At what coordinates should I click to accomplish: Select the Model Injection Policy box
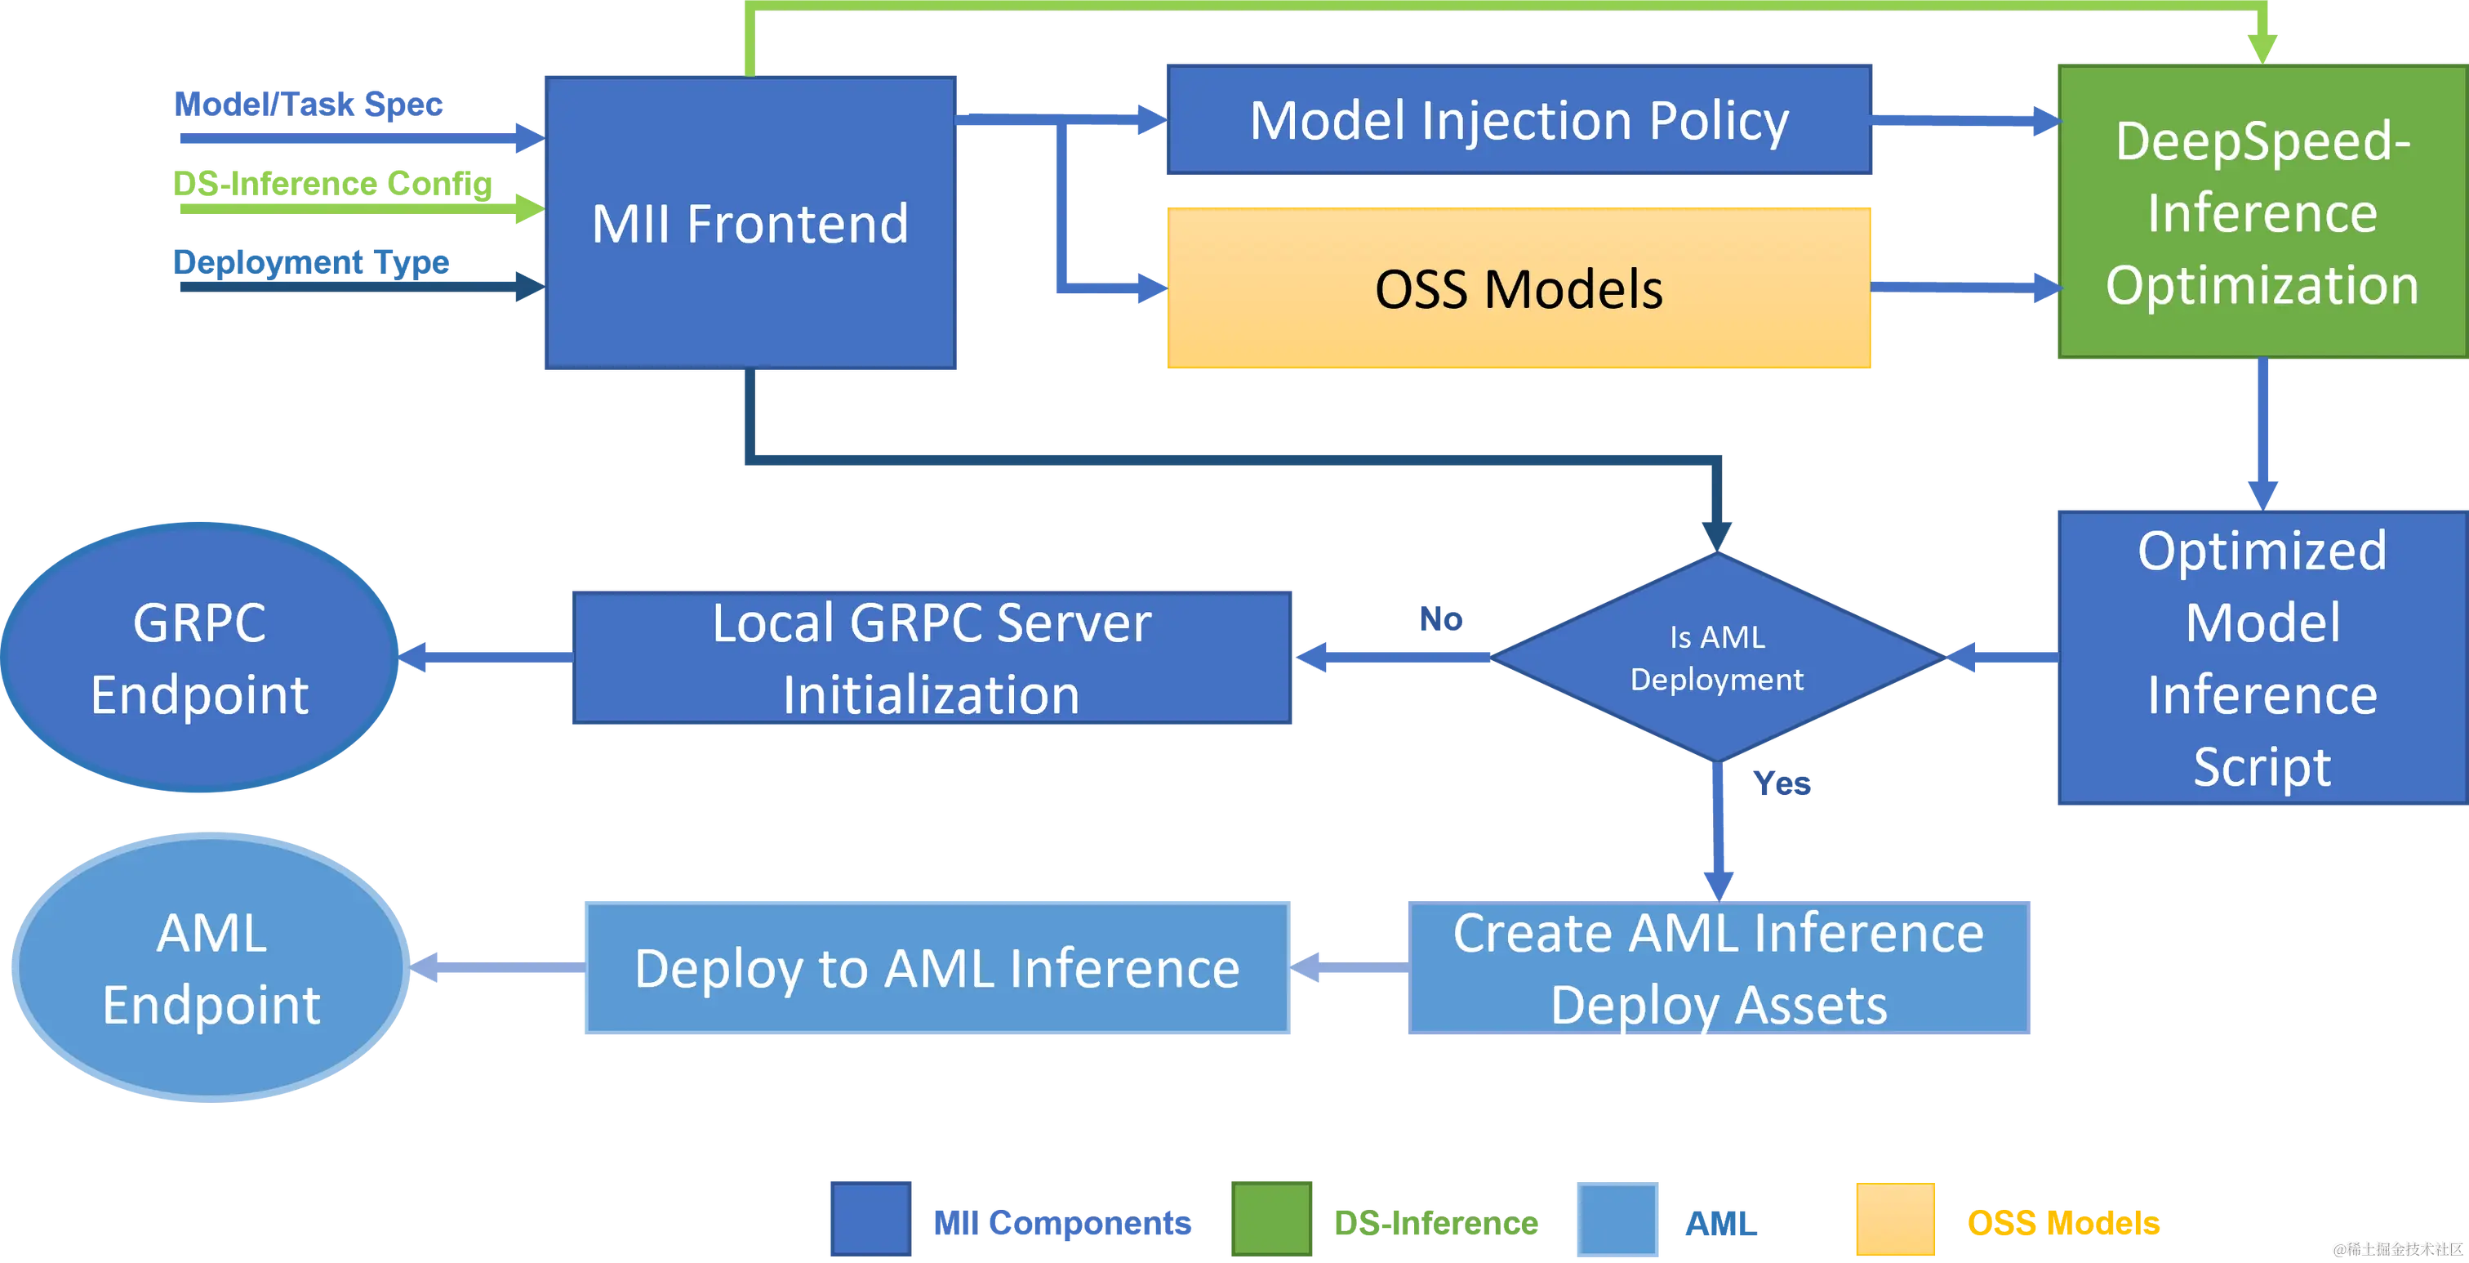point(1518,120)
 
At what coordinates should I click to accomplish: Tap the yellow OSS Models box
point(1518,288)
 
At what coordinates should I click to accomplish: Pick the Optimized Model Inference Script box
point(2261,658)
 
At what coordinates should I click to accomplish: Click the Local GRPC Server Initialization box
point(932,658)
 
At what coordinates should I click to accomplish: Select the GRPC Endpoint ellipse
point(200,658)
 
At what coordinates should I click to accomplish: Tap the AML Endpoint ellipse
point(211,969)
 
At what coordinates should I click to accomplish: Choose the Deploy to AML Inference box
point(936,969)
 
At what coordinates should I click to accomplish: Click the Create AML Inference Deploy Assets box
point(1719,969)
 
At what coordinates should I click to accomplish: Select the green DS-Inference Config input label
point(331,182)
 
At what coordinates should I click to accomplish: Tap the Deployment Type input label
point(309,260)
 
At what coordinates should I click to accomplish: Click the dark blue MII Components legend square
point(870,1220)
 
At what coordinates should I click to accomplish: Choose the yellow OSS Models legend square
point(1895,1220)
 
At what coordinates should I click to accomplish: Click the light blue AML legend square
point(1619,1220)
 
